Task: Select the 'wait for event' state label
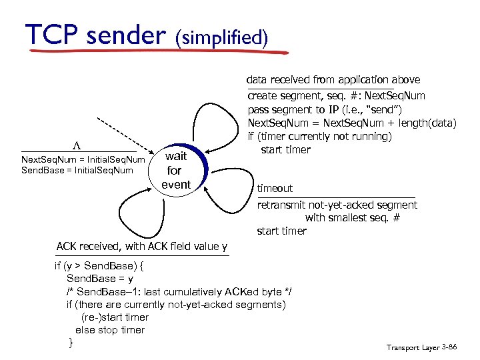(x=176, y=170)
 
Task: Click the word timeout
(x=275, y=189)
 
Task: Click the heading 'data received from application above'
(x=333, y=80)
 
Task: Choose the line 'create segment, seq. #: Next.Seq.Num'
(x=336, y=96)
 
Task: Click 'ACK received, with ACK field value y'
(x=142, y=247)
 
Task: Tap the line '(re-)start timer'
(x=115, y=317)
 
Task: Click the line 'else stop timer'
(x=110, y=330)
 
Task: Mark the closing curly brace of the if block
(x=71, y=343)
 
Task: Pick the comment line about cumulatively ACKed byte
(x=179, y=292)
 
